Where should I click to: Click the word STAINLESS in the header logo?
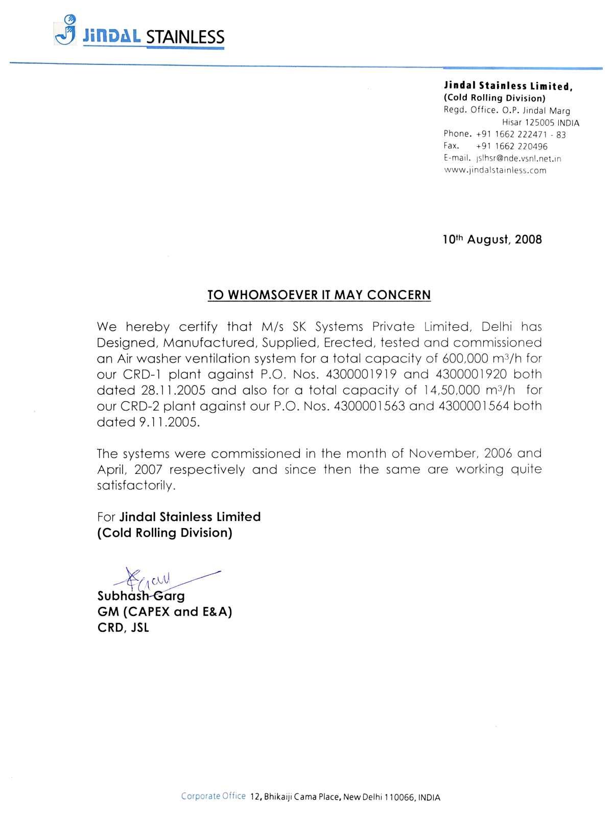tap(185, 37)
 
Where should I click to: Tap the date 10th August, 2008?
tap(492, 239)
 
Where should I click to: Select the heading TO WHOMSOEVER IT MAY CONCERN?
tap(319, 295)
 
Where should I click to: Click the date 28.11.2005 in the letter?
tap(173, 391)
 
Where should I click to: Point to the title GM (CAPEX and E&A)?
tap(164, 611)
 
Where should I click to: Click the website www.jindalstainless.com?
tap(494, 171)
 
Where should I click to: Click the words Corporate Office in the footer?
tap(213, 796)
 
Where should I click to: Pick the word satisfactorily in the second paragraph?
tap(136, 486)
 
